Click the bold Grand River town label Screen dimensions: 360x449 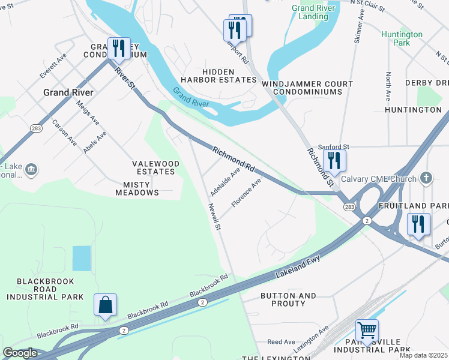pos(68,92)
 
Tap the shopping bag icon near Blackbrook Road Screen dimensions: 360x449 pos(105,305)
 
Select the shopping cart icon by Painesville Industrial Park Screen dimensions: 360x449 pos(367,330)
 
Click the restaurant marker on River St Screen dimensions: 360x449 pos(119,49)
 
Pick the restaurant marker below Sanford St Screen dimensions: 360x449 pos(334,160)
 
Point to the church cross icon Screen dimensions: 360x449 pos(426,178)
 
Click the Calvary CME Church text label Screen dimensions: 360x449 pos(378,179)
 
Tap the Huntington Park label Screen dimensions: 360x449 pos(402,38)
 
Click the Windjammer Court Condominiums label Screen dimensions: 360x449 pos(307,88)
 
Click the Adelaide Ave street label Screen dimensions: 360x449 pos(225,182)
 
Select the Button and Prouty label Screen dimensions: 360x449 pos(288,299)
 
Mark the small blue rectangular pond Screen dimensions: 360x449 pos(81,258)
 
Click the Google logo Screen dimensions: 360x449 pos(20,353)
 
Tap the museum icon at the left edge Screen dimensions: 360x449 pos(31,170)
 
